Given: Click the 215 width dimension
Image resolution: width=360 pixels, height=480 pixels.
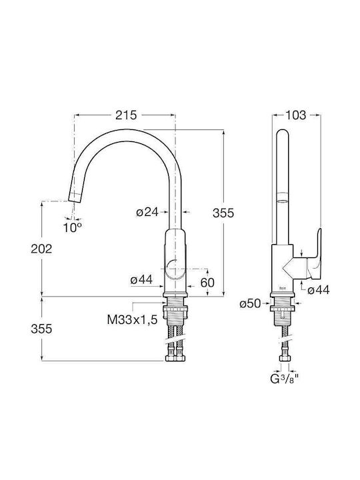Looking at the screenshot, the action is [x=126, y=115].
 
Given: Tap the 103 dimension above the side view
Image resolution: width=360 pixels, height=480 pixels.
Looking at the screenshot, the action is [x=295, y=115].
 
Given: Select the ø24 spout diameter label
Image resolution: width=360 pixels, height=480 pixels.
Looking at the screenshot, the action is [x=147, y=212].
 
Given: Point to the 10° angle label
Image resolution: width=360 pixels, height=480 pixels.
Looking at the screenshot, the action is [x=73, y=227].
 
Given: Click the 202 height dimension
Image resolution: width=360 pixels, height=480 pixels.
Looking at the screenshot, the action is [x=41, y=249].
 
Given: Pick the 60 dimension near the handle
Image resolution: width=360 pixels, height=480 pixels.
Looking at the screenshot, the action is [x=207, y=283].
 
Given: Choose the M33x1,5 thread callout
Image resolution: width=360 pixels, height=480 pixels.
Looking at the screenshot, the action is [x=132, y=320].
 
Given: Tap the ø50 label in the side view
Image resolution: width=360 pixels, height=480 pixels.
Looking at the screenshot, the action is [x=250, y=304].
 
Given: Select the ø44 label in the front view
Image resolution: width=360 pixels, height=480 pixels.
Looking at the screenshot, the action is [x=141, y=279].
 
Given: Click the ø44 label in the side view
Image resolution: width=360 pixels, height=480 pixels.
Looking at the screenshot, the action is [x=319, y=290].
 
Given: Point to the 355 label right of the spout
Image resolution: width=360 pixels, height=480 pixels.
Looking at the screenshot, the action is [x=223, y=213].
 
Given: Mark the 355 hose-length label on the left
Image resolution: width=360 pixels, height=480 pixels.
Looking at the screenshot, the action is [x=41, y=329].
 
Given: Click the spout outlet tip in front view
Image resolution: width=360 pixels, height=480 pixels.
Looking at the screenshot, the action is [x=75, y=198].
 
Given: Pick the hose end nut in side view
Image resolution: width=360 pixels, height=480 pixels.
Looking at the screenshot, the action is [x=285, y=359].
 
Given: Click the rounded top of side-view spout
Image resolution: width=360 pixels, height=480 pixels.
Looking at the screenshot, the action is [x=282, y=135].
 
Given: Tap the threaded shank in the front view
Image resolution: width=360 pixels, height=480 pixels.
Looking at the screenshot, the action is [x=175, y=312].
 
